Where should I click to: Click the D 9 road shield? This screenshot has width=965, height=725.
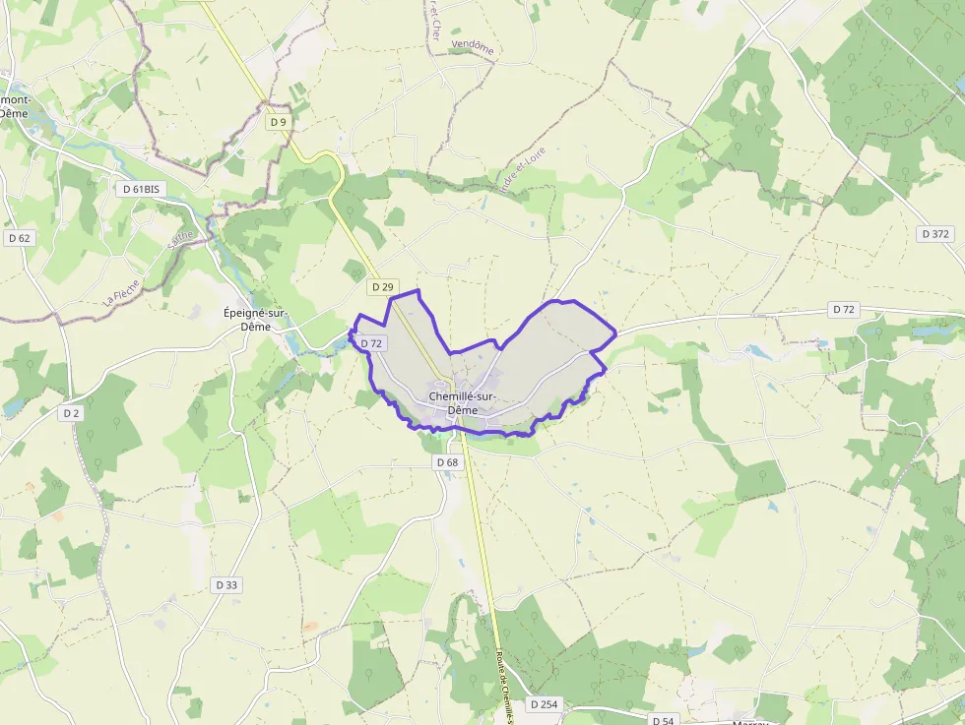pos(279,122)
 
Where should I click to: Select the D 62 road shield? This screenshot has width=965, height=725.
pos(19,238)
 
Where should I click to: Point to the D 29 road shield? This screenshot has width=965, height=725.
pos(383,287)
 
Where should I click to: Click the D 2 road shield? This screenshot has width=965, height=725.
pos(70,413)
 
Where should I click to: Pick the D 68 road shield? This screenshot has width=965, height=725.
pos(447,462)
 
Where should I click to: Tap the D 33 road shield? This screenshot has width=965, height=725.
pos(226,584)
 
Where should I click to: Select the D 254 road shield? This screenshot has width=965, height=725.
pos(544,704)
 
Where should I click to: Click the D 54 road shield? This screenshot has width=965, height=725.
pos(663,721)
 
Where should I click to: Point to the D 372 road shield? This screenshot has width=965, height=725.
pos(935,234)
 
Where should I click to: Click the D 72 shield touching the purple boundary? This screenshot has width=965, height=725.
pos(370,343)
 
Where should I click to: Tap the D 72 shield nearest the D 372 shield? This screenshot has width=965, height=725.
pos(844,309)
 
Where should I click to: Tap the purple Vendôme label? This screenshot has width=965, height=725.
pos(473,46)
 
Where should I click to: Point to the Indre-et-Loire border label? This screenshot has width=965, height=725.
pos(522,171)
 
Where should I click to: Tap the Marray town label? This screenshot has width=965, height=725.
pos(750,721)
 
